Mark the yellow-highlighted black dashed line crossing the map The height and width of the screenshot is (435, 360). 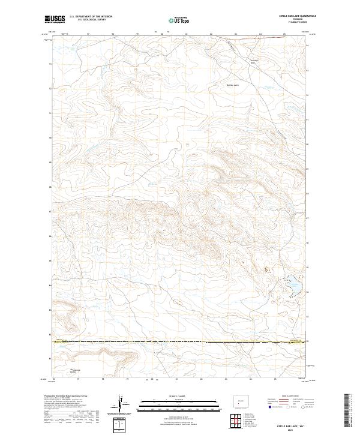pos(180,342)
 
